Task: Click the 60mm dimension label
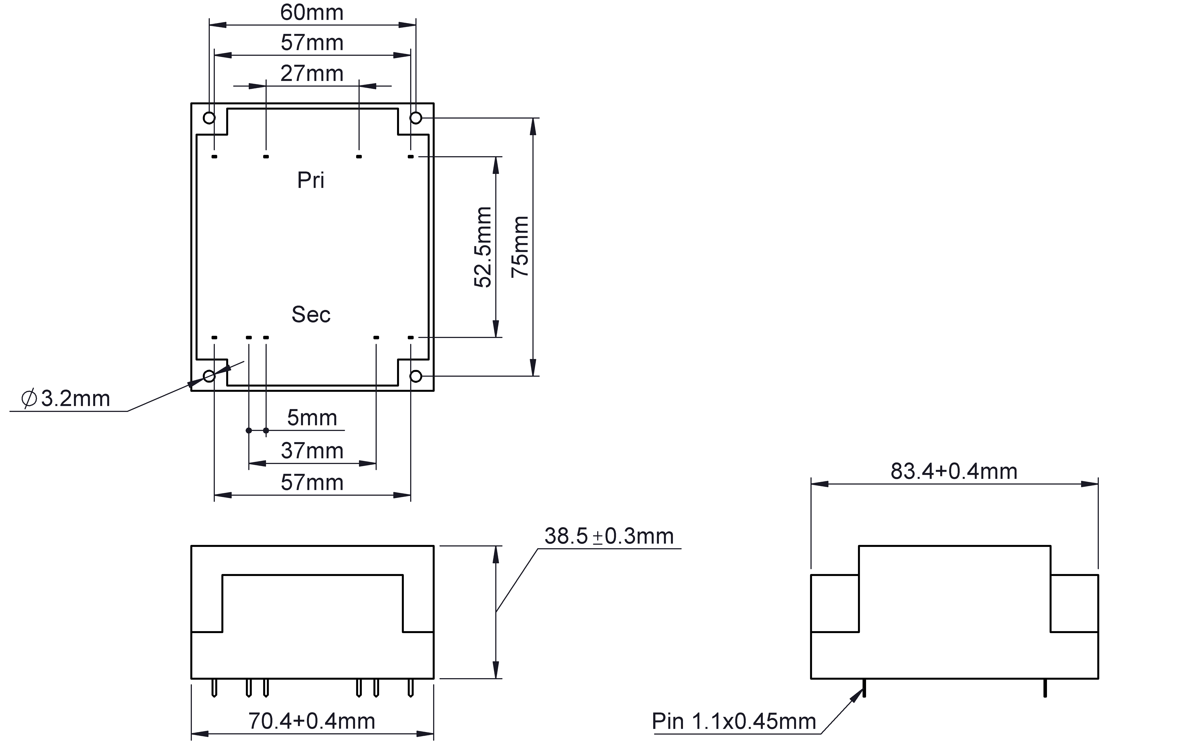point(312,13)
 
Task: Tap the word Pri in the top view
point(311,180)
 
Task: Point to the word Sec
point(311,315)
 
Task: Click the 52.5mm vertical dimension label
point(483,247)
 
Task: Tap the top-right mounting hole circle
point(416,118)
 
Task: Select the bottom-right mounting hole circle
point(416,376)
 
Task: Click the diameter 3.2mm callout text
point(66,399)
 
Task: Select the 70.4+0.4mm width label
point(312,721)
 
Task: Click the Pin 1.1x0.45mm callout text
point(734,721)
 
